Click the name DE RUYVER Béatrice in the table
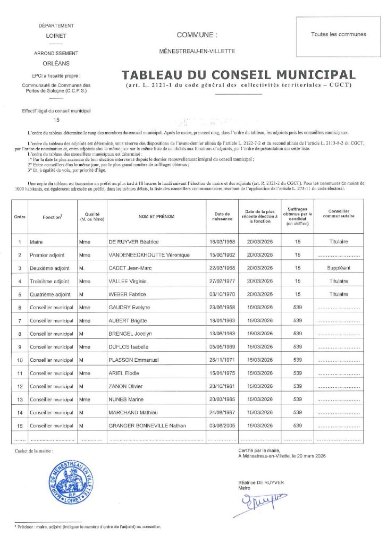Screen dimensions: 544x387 [x=133, y=242]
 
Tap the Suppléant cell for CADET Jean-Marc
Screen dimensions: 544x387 [x=339, y=268]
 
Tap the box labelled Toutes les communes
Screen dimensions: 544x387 [x=338, y=35]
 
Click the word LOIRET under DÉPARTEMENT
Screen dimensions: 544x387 [x=56, y=36]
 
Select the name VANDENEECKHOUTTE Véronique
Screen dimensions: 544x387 [x=149, y=255]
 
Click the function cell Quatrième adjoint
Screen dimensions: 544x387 [x=51, y=294]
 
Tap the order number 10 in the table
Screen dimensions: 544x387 [x=19, y=360]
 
